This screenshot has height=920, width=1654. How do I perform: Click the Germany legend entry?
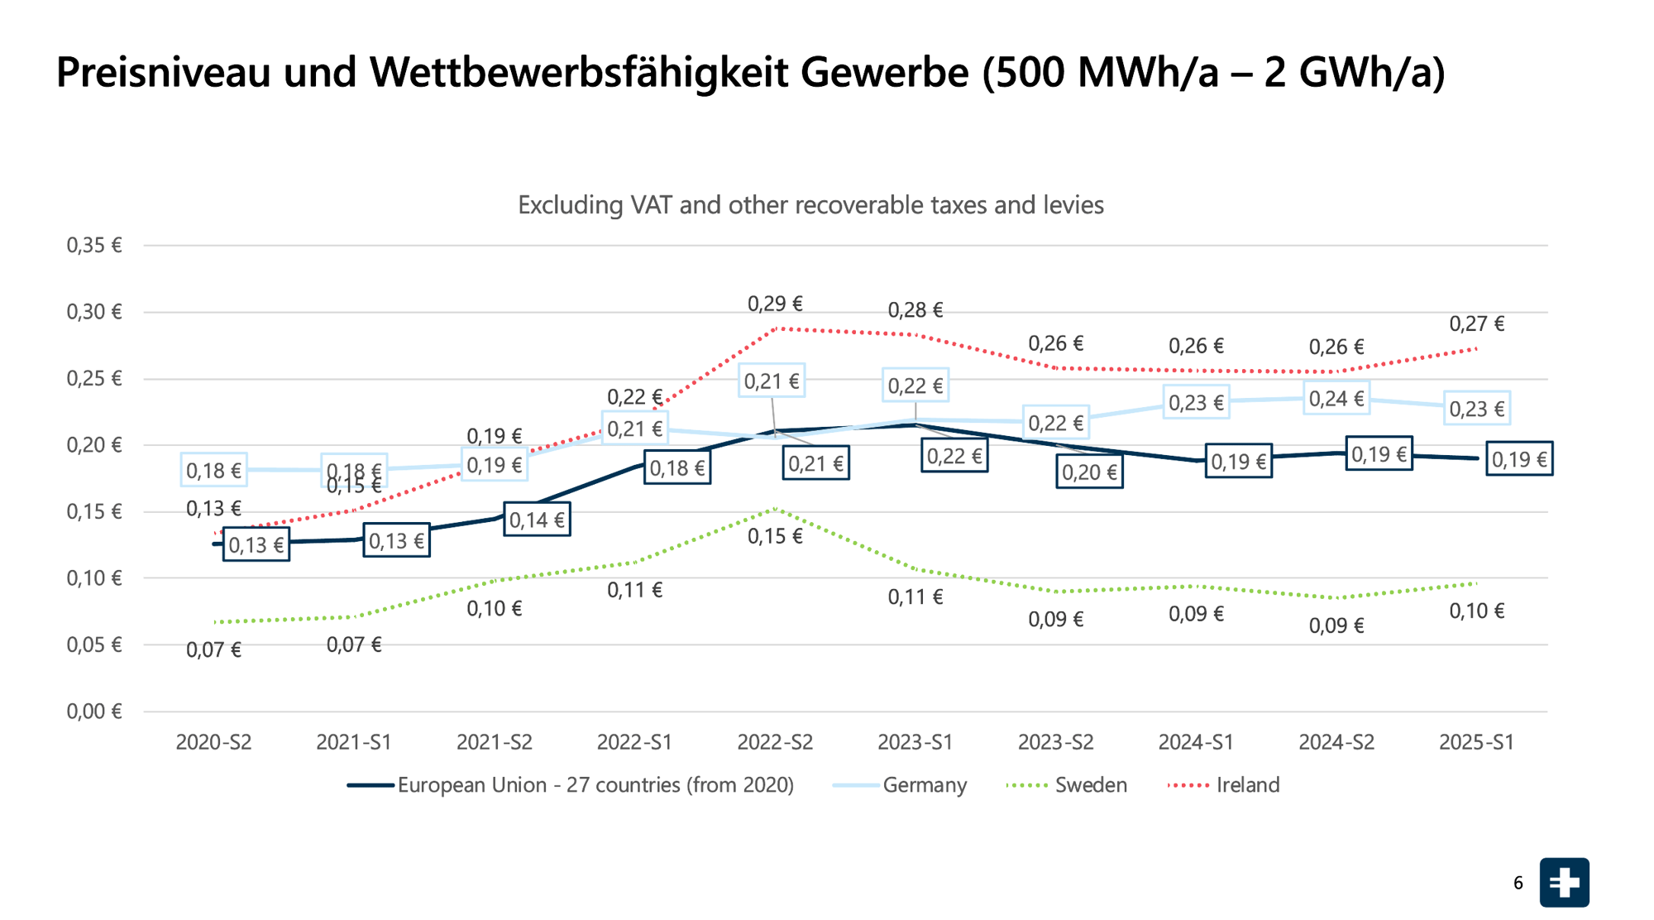pyautogui.click(x=924, y=784)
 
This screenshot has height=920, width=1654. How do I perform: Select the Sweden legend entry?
pyautogui.click(x=1090, y=784)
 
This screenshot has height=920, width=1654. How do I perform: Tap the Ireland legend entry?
pyautogui.click(x=1247, y=784)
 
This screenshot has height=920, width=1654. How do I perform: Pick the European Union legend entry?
pyautogui.click(x=595, y=784)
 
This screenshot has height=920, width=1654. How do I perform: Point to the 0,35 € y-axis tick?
pyautogui.click(x=94, y=245)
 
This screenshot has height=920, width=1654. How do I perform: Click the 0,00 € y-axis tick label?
pyautogui.click(x=94, y=712)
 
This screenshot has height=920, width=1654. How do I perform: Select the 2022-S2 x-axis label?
pyautogui.click(x=775, y=742)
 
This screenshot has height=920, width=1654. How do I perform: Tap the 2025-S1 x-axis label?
pyautogui.click(x=1476, y=742)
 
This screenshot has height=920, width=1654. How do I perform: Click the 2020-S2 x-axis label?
pyautogui.click(x=213, y=742)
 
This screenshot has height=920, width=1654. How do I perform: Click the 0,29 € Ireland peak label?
pyautogui.click(x=775, y=304)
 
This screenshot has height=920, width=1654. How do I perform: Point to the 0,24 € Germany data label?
pyautogui.click(x=1336, y=399)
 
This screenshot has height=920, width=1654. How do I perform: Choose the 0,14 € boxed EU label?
pyautogui.click(x=537, y=520)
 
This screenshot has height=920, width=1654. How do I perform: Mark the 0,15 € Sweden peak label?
pyautogui.click(x=775, y=536)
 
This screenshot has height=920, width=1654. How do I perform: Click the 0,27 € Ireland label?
pyautogui.click(x=1476, y=323)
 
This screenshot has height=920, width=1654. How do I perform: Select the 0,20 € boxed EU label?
pyautogui.click(x=1089, y=472)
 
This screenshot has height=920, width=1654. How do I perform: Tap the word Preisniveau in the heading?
pyautogui.click(x=163, y=72)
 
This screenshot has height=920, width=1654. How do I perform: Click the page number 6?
pyautogui.click(x=1518, y=883)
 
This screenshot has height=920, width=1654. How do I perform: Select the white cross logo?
pyautogui.click(x=1564, y=883)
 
